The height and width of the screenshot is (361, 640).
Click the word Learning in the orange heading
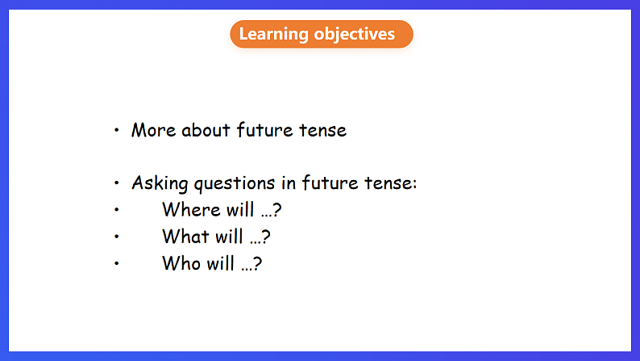click(273, 35)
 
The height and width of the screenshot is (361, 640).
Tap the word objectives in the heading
click(355, 35)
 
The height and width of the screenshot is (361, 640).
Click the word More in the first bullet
click(153, 130)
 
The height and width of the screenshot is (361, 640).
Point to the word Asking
click(160, 183)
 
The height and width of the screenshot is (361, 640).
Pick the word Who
click(181, 263)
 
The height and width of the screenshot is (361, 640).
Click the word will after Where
click(240, 209)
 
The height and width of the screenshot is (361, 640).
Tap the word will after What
click(229, 237)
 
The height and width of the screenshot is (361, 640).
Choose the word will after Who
click(220, 263)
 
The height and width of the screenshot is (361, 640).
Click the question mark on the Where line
click(276, 210)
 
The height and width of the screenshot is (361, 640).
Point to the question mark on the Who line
click(257, 263)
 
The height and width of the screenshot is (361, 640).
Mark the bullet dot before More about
click(116, 130)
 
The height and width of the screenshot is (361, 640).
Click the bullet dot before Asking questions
click(116, 183)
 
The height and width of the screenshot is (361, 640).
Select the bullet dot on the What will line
click(116, 237)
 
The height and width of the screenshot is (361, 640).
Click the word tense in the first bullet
click(322, 130)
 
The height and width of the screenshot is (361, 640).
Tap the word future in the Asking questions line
click(330, 183)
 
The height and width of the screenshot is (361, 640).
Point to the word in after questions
click(289, 183)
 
